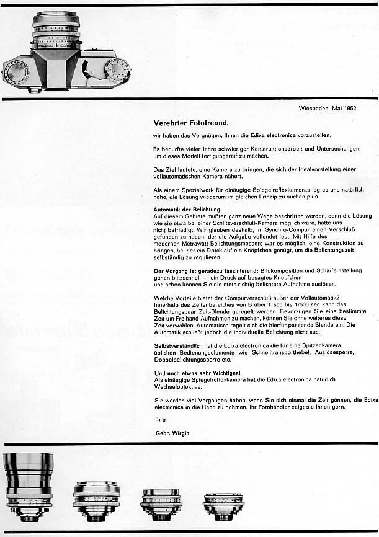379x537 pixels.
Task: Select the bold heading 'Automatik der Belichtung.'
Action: tap(187, 209)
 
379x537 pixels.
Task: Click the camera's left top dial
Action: tap(17, 73)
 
